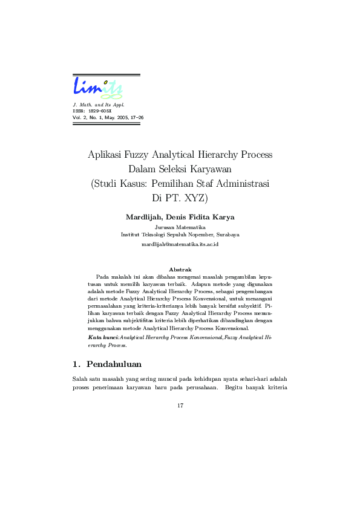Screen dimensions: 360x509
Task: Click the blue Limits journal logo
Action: (98, 88)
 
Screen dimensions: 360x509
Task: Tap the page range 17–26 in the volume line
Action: (134, 117)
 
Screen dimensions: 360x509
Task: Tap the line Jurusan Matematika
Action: (180, 227)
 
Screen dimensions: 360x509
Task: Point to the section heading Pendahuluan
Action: (114, 365)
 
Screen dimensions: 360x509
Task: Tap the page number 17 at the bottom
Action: (180, 405)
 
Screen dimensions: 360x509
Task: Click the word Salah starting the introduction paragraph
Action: (79, 379)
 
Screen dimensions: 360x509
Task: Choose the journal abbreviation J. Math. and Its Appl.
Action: (98, 105)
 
